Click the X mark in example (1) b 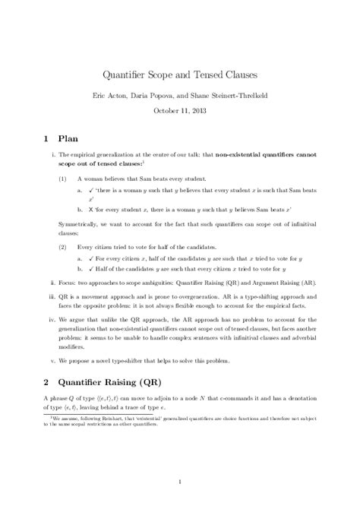pos(90,207)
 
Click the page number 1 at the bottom pos(180,481)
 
